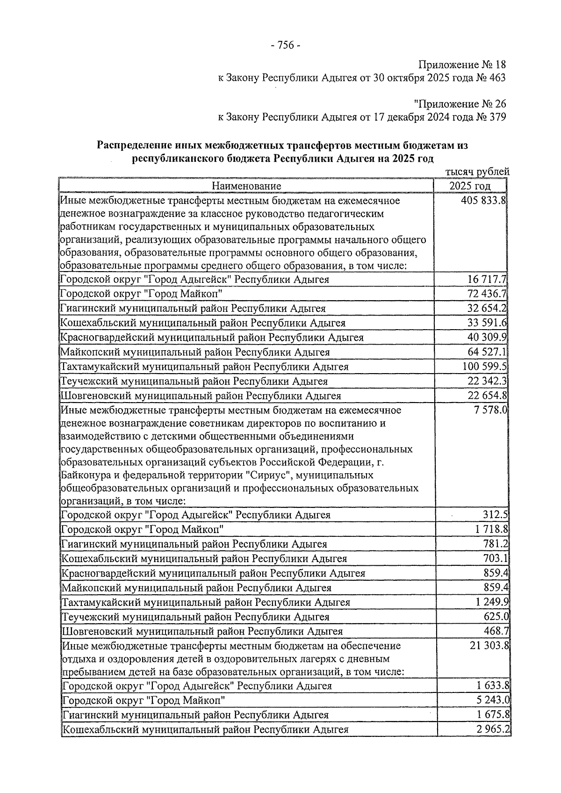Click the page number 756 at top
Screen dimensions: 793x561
[x=285, y=45]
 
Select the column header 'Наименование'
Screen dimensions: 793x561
[x=246, y=187]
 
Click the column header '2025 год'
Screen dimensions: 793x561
[x=470, y=187]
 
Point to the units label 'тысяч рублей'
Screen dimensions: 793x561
[x=477, y=173]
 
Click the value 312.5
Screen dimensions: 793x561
[x=496, y=515]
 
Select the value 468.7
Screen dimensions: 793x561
[x=496, y=632]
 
